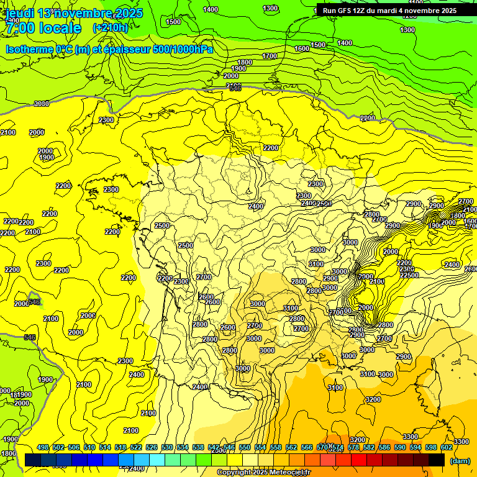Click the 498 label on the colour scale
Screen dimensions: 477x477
coord(43,447)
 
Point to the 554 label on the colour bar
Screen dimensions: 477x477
coord(260,447)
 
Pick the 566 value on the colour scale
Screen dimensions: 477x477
coord(307,447)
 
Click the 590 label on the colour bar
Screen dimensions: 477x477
coord(400,447)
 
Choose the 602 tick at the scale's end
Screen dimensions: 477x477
coord(447,447)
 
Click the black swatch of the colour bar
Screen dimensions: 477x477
coord(437,460)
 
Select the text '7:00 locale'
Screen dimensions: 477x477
coord(43,29)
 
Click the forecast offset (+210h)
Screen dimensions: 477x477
coord(110,28)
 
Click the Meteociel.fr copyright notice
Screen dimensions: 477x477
coord(263,473)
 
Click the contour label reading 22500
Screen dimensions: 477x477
coord(408,275)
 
